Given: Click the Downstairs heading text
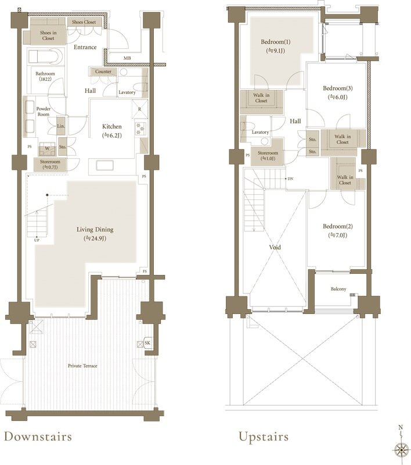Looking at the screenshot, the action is click(38, 437).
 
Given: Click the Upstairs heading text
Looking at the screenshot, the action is click(264, 437).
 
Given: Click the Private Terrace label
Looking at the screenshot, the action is click(82, 366).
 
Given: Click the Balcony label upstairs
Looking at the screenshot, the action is click(338, 289).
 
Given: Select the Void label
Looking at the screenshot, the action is click(275, 247).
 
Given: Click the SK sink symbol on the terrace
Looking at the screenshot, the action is click(147, 343).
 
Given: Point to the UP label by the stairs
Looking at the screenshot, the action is click(37, 240).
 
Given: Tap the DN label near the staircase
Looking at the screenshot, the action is click(290, 178).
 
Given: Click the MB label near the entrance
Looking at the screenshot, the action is click(127, 58).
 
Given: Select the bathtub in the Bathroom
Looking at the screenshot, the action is click(46, 56).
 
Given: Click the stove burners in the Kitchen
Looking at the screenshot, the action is click(140, 128).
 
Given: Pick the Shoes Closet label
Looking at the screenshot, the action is click(84, 22).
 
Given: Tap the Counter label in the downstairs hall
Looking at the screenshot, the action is click(103, 71).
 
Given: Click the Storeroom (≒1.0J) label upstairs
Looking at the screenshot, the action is click(268, 156).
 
